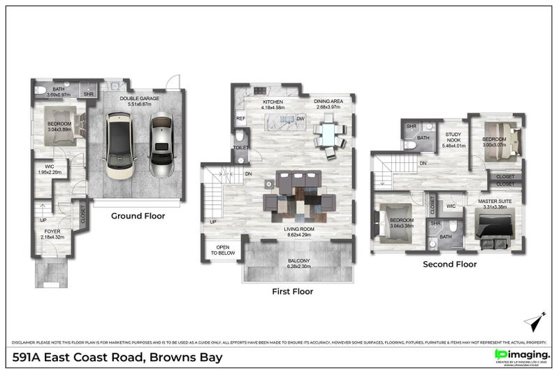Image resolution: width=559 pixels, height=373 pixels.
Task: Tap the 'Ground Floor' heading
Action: (138, 216)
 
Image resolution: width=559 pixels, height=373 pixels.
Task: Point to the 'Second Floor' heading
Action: (449, 265)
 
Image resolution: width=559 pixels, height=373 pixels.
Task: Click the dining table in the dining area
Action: (328, 133)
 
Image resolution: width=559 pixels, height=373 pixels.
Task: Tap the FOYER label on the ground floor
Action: (52, 231)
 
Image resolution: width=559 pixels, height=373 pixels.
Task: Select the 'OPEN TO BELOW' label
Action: (223, 251)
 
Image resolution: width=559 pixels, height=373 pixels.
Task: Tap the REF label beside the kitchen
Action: (240, 119)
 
